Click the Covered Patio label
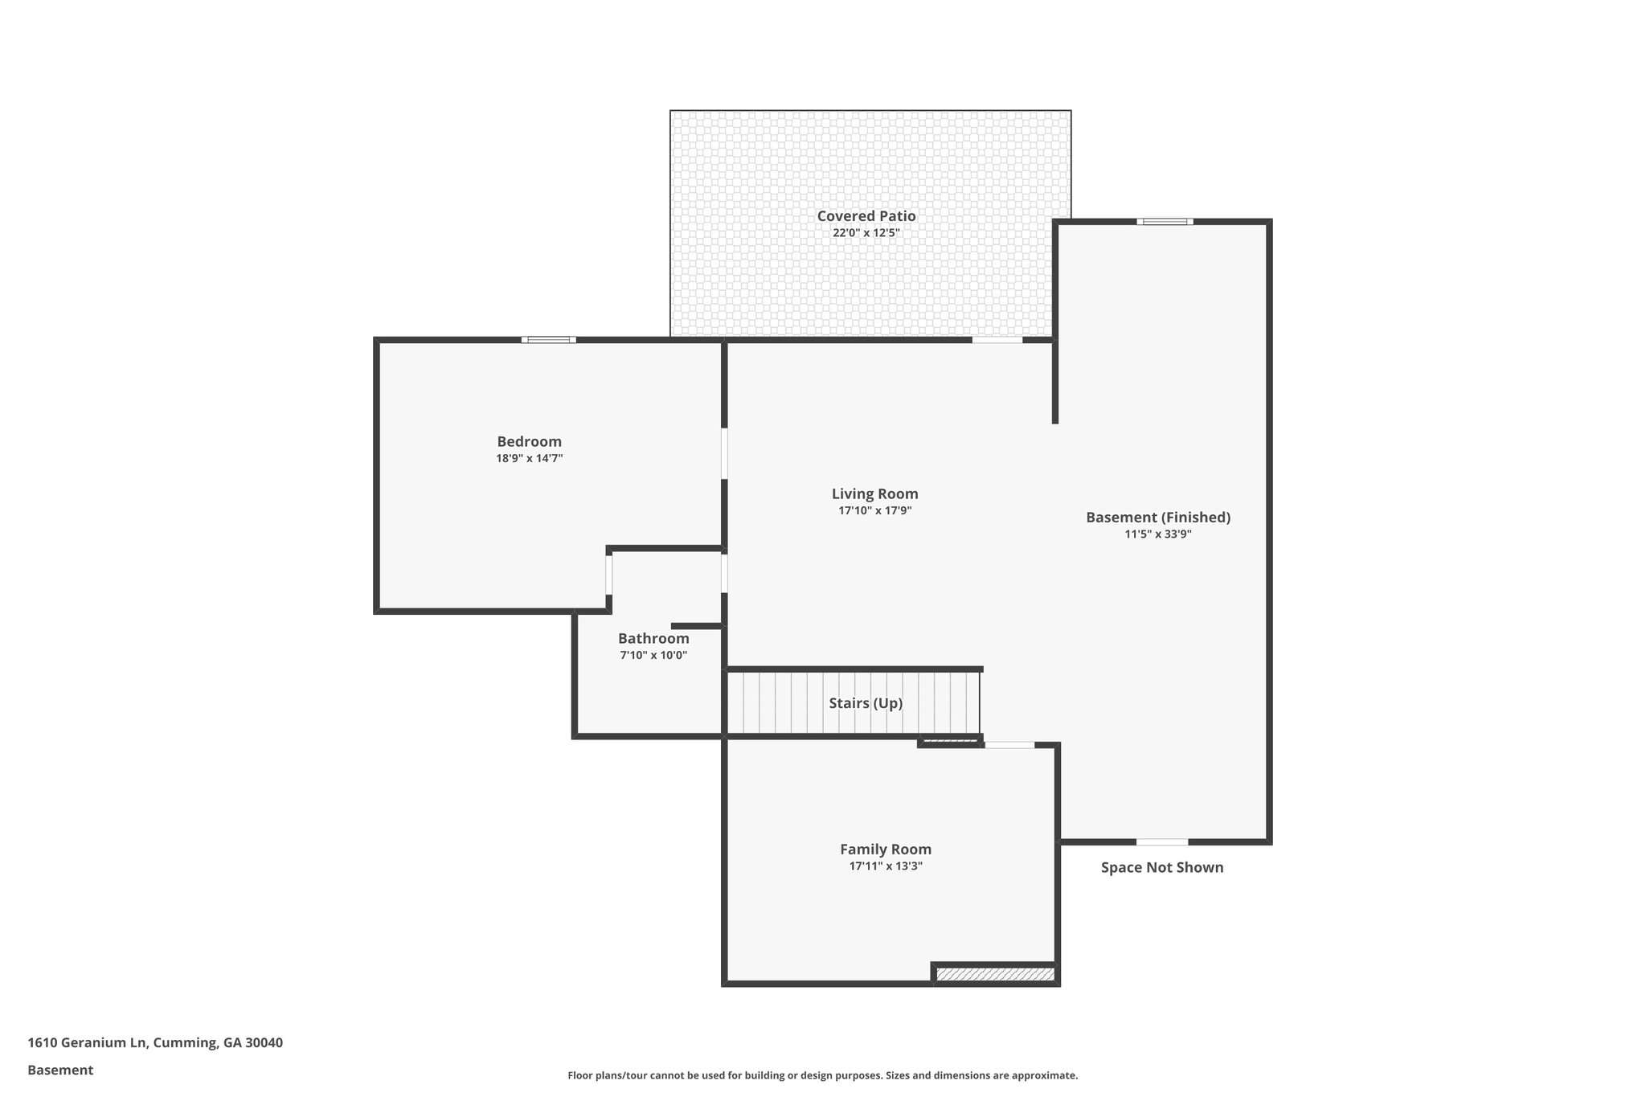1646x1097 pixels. (866, 216)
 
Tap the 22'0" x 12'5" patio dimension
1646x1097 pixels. (866, 233)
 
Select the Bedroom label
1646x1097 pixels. (529, 442)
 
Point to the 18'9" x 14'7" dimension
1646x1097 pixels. (529, 459)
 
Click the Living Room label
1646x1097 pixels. (874, 494)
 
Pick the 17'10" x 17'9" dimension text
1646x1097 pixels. (874, 511)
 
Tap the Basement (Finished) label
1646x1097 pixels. (1157, 518)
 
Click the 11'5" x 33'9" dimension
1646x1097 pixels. (1157, 534)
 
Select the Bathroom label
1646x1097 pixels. (653, 639)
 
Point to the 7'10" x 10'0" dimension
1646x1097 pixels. (653, 656)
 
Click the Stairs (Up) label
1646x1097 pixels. (866, 704)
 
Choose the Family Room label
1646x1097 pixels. (886, 849)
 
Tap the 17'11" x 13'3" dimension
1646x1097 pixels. (886, 866)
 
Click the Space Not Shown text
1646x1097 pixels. (1161, 868)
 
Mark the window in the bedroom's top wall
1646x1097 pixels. (548, 340)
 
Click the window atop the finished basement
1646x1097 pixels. (1165, 222)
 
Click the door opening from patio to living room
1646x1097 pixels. (997, 340)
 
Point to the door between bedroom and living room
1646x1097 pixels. (724, 453)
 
